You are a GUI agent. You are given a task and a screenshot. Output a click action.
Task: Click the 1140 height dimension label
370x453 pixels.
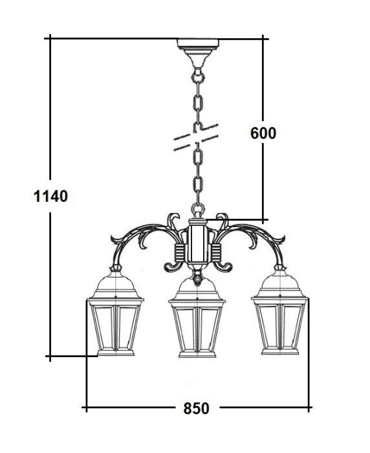pos(51,196)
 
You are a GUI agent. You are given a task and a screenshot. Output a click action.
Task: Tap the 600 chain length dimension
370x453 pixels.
pos(263,133)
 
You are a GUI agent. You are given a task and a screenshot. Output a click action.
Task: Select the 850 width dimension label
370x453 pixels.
pos(196,409)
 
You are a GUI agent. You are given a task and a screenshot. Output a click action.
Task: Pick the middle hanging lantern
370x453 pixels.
pos(197,317)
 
